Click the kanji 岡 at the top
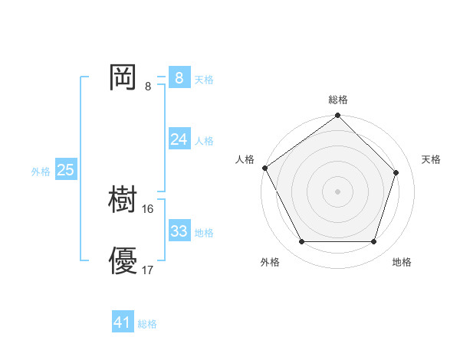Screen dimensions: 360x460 tap(123, 77)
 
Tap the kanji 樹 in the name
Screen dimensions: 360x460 tap(123, 200)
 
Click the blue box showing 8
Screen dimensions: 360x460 tap(179, 77)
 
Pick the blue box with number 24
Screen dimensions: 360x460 tap(179, 139)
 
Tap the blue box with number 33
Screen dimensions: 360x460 tap(179, 231)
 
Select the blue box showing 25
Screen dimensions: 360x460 tap(65, 170)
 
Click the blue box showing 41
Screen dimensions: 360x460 tap(123, 322)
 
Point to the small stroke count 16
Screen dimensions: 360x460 tap(148, 208)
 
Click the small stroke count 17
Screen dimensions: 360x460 tap(148, 270)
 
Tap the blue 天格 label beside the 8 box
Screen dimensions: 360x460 tap(204, 79)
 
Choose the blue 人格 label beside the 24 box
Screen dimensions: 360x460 tap(204, 141)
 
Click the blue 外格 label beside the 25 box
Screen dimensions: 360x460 tap(41, 172)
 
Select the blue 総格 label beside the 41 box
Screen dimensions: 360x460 tap(147, 325)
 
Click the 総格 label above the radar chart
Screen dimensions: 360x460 tap(338, 100)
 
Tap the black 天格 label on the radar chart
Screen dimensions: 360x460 tap(432, 159)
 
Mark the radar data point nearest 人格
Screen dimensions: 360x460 tap(265, 168)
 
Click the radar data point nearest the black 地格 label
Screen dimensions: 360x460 tap(374, 242)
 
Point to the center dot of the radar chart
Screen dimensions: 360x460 tap(338, 191)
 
